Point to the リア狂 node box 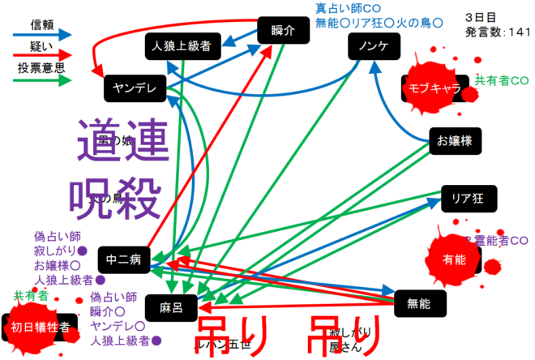click(x=468, y=198)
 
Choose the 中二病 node click(x=124, y=260)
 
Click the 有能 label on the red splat click(x=456, y=259)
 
